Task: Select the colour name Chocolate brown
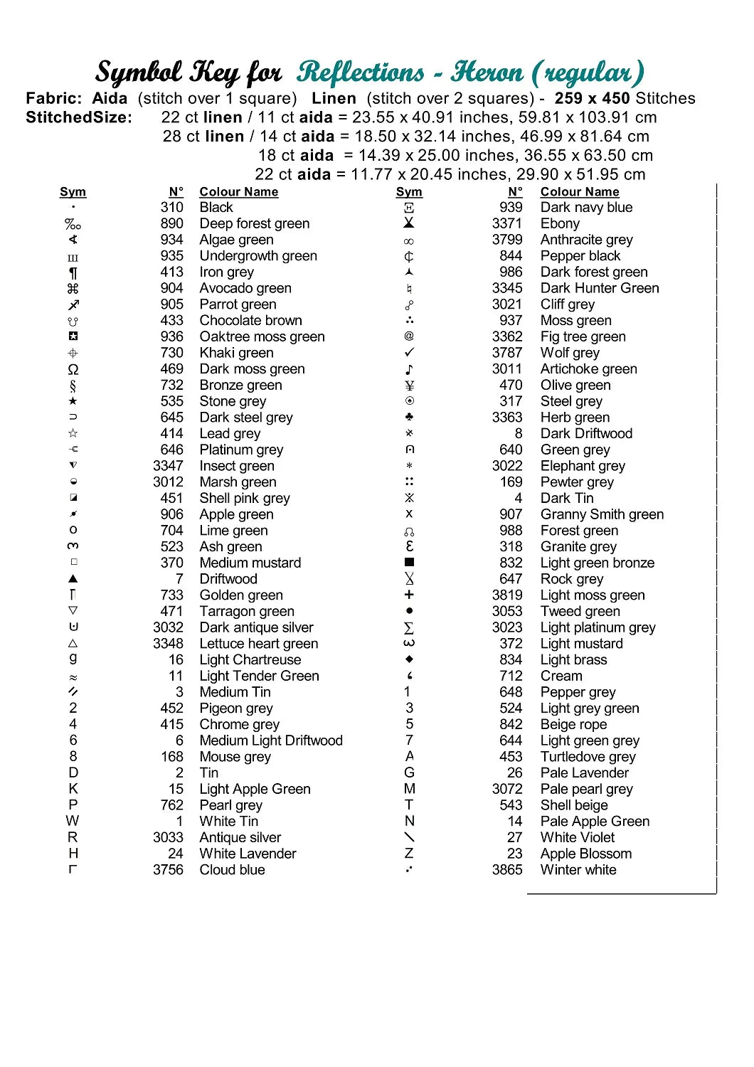[x=250, y=321]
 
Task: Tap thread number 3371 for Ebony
[x=506, y=223]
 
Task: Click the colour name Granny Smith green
[x=602, y=514]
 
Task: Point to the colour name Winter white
[x=578, y=870]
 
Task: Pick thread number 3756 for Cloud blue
[x=168, y=870]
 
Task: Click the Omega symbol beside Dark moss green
[x=73, y=369]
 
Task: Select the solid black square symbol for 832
[x=409, y=563]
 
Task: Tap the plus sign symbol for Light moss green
[x=409, y=595]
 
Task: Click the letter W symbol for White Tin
[x=73, y=821]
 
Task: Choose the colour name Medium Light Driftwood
[x=271, y=740]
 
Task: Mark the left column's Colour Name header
[x=239, y=192]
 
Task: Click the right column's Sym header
[x=409, y=192]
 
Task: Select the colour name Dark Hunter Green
[x=600, y=288]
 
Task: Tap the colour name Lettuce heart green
[x=259, y=644]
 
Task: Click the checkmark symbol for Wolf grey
[x=409, y=353]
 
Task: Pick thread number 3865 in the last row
[x=506, y=870]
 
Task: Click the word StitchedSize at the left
[x=79, y=117]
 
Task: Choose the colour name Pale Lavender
[x=585, y=773]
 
